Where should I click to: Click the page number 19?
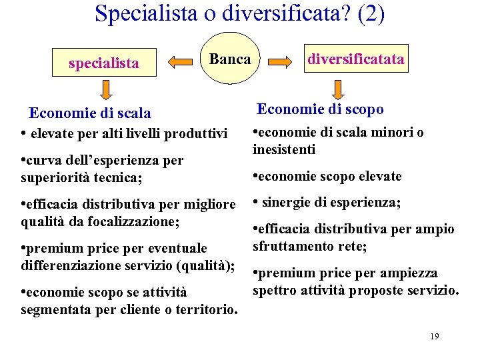tap(434, 337)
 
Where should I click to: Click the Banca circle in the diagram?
tap(230, 59)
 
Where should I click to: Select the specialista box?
tap(104, 63)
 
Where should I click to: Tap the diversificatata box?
tap(355, 59)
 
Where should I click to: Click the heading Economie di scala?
tap(90, 113)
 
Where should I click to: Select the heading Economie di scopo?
tap(320, 109)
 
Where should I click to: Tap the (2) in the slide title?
tap(371, 14)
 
